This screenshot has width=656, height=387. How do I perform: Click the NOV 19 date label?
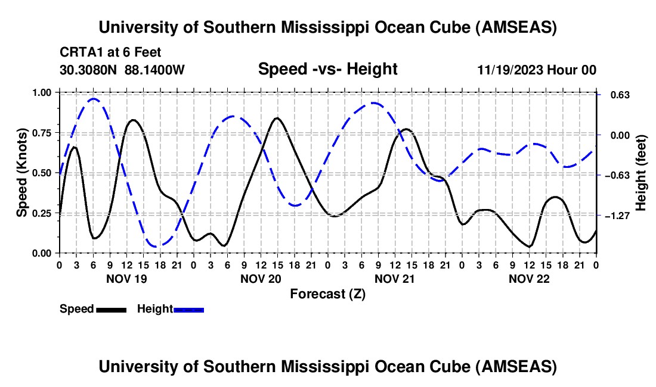coord(126,278)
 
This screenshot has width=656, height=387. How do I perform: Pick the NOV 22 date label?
coord(528,278)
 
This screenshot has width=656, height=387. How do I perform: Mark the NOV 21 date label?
coord(394,278)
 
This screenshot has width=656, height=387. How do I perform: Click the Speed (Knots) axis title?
coord(22,173)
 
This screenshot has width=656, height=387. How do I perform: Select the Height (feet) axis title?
coord(641,173)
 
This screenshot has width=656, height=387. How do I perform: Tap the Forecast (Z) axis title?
coord(327,294)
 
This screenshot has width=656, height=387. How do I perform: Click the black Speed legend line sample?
coord(111,310)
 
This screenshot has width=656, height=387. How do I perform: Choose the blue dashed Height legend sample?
coord(189,310)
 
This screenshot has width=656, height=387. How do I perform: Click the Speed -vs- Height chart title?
coord(327,69)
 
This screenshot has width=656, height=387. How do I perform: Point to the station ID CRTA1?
coord(79,53)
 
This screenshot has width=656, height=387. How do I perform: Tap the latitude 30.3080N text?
coord(89,70)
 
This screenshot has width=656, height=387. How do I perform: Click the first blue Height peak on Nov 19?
coord(93,99)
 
